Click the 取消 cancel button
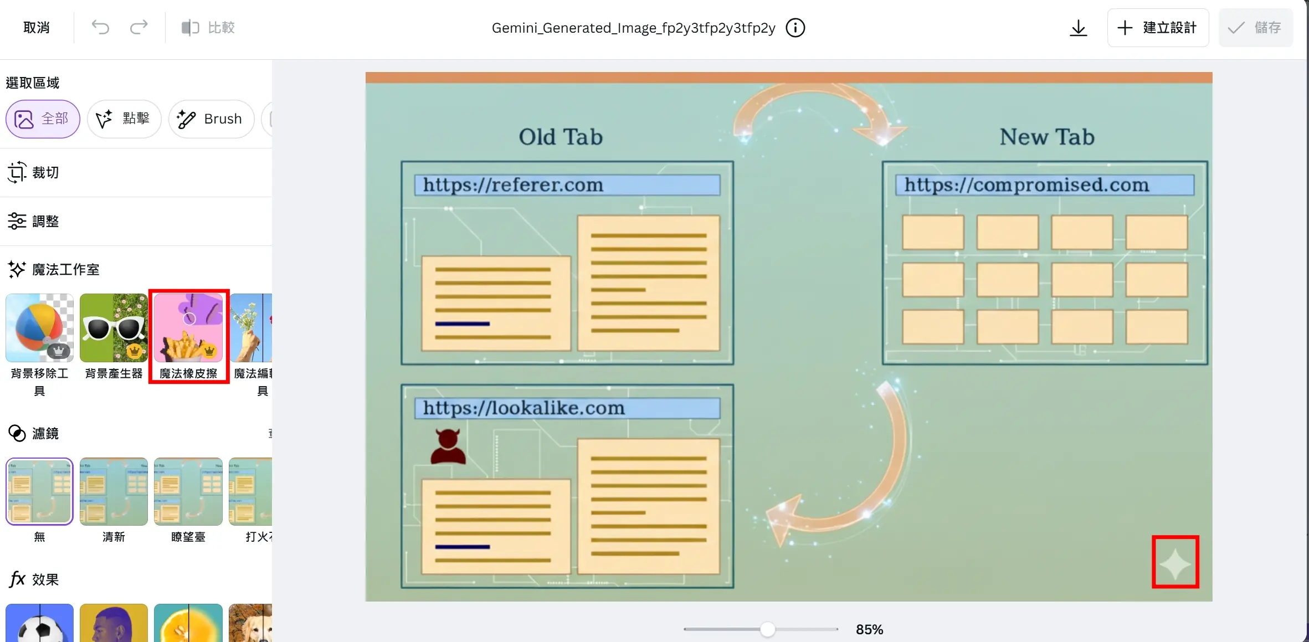pyautogui.click(x=37, y=28)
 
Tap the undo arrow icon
pyautogui.click(x=100, y=28)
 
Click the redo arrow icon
pyautogui.click(x=139, y=28)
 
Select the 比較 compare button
pyautogui.click(x=208, y=28)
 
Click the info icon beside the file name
pyautogui.click(x=795, y=28)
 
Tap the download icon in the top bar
pyautogui.click(x=1078, y=28)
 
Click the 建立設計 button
pyautogui.click(x=1158, y=28)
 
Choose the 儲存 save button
pyautogui.click(x=1255, y=28)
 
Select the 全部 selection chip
pyautogui.click(x=43, y=119)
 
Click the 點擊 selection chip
pyautogui.click(x=124, y=119)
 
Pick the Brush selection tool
pyautogui.click(x=211, y=119)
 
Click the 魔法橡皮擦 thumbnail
pyautogui.click(x=188, y=328)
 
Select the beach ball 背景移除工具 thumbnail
pyautogui.click(x=39, y=328)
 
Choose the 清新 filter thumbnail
pyautogui.click(x=114, y=491)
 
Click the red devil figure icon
pyautogui.click(x=448, y=446)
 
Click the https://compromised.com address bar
pyautogui.click(x=1044, y=185)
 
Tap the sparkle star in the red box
pyautogui.click(x=1175, y=563)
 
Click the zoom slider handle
pyautogui.click(x=767, y=629)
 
